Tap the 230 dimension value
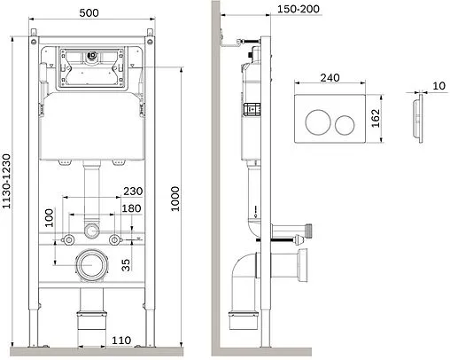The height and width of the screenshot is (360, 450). [x=134, y=191]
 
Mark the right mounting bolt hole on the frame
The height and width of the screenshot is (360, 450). [x=114, y=240]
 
